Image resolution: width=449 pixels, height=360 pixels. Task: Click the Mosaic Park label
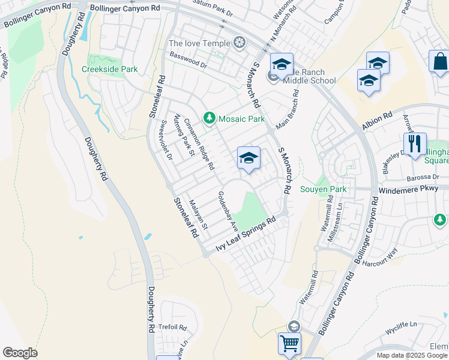click(x=241, y=119)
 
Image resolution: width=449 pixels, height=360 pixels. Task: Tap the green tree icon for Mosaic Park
click(x=209, y=118)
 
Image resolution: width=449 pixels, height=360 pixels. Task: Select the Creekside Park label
click(x=110, y=69)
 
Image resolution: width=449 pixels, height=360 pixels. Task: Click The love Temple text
click(x=199, y=43)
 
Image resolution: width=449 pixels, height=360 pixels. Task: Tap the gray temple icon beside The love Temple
click(x=240, y=43)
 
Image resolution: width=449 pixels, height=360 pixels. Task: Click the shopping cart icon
click(x=289, y=343)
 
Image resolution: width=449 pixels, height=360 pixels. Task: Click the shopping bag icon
click(x=439, y=61)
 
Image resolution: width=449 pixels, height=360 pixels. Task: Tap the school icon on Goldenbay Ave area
click(x=249, y=158)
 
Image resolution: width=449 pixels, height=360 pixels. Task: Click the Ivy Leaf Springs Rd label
click(x=246, y=236)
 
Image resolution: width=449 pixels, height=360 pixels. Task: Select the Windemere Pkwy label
click(x=414, y=188)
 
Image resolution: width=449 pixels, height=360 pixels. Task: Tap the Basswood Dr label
click(x=188, y=64)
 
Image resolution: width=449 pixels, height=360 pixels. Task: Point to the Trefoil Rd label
click(x=174, y=328)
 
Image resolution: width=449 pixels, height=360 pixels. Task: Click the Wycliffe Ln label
click(x=401, y=324)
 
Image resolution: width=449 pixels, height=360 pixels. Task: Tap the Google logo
click(x=20, y=353)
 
